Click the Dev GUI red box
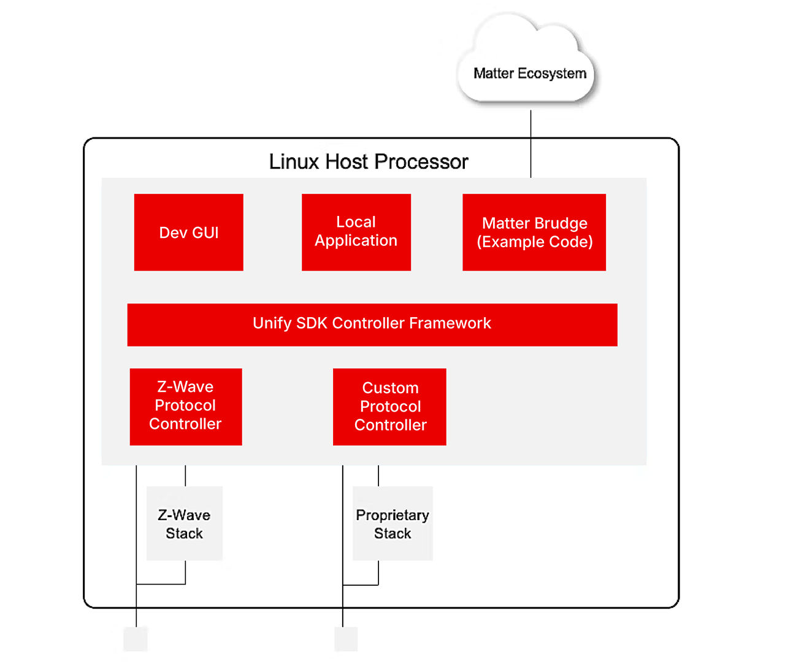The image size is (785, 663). pos(188,232)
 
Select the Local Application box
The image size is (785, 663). pos(356,232)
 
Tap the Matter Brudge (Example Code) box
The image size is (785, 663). pos(534,232)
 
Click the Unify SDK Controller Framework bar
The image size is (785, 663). pos(372,324)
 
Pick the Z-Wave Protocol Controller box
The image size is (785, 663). pos(186,407)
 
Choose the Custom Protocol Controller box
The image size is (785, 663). pos(389,407)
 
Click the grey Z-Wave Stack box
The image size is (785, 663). pos(184,523)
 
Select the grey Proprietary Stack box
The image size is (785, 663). pos(392,523)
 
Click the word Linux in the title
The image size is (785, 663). pos(294,162)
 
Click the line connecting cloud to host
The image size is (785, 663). pos(530,144)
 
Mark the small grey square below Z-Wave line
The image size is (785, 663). pos(136,638)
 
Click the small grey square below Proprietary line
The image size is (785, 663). pos(346,638)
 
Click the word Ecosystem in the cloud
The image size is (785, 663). pos(552,74)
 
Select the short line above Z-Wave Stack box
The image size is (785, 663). pos(185,476)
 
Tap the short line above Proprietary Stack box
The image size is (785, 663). pos(378,476)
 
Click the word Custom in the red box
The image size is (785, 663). pos(390,388)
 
